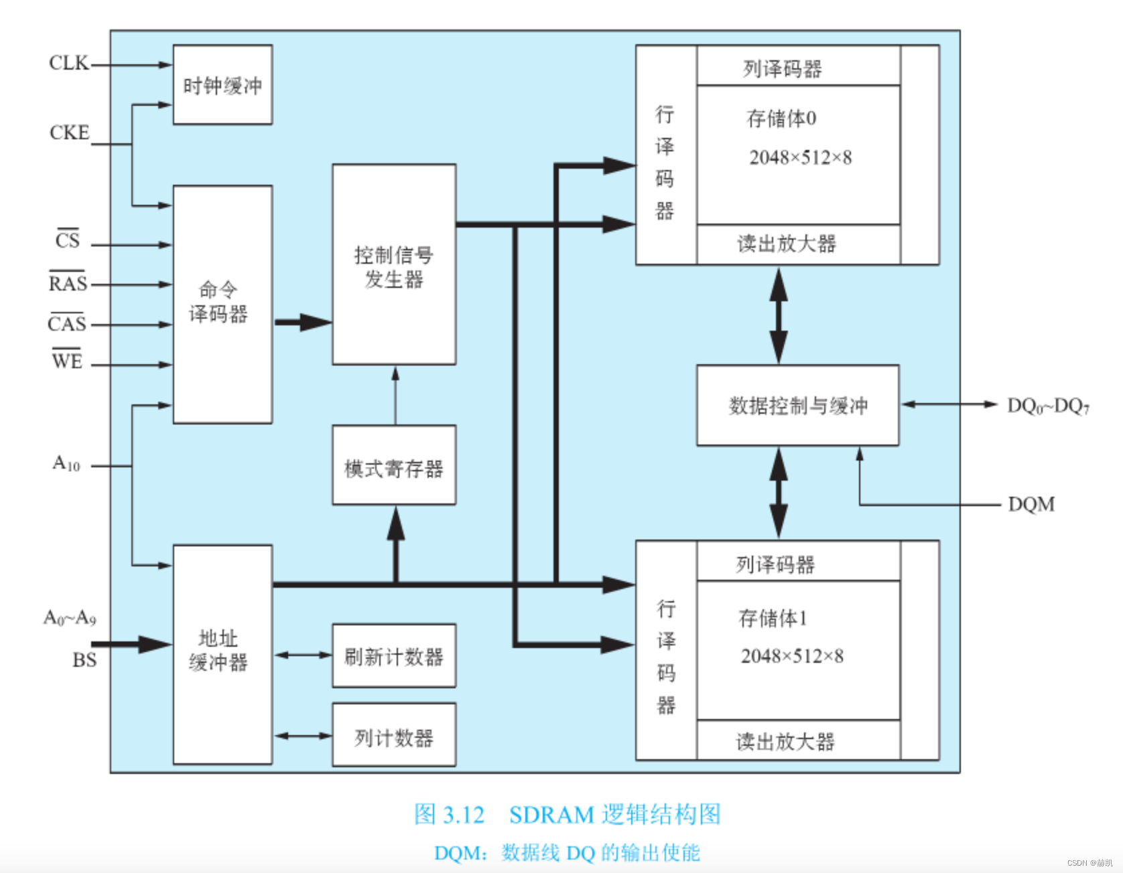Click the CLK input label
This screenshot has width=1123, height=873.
pyautogui.click(x=68, y=63)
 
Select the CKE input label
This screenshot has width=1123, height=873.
pyautogui.click(x=69, y=133)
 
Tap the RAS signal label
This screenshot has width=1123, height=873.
pyautogui.click(x=68, y=283)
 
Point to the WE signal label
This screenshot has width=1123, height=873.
pyautogui.click(x=67, y=362)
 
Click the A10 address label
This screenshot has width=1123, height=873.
pyautogui.click(x=66, y=463)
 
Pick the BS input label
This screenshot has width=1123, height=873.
pyautogui.click(x=84, y=660)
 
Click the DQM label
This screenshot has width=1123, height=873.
pyautogui.click(x=1031, y=504)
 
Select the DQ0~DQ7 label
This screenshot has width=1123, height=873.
pyautogui.click(x=1048, y=406)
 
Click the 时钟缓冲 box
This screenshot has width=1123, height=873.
pyautogui.click(x=222, y=85)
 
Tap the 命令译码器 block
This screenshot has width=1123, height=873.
pyautogui.click(x=222, y=304)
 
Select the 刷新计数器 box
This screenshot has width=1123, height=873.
pyautogui.click(x=394, y=656)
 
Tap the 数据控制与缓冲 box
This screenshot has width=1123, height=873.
pyautogui.click(x=797, y=405)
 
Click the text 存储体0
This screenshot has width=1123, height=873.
pyautogui.click(x=781, y=118)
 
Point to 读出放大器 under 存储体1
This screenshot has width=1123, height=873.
pyautogui.click(x=785, y=741)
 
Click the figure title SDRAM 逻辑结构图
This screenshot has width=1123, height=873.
pyautogui.click(x=614, y=815)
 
